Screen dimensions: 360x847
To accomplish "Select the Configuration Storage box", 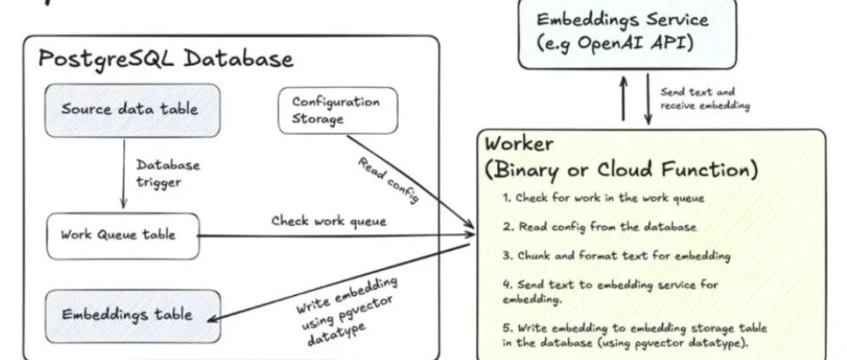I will [x=336, y=110].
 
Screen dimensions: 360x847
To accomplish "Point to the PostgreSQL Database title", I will [x=166, y=58].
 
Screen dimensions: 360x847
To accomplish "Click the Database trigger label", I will [x=168, y=173].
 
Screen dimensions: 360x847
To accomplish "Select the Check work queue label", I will [x=329, y=221].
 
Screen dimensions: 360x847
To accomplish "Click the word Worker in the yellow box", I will [x=521, y=143].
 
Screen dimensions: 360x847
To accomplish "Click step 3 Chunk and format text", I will [x=616, y=254].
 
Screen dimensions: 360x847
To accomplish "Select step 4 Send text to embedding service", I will [x=609, y=291].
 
